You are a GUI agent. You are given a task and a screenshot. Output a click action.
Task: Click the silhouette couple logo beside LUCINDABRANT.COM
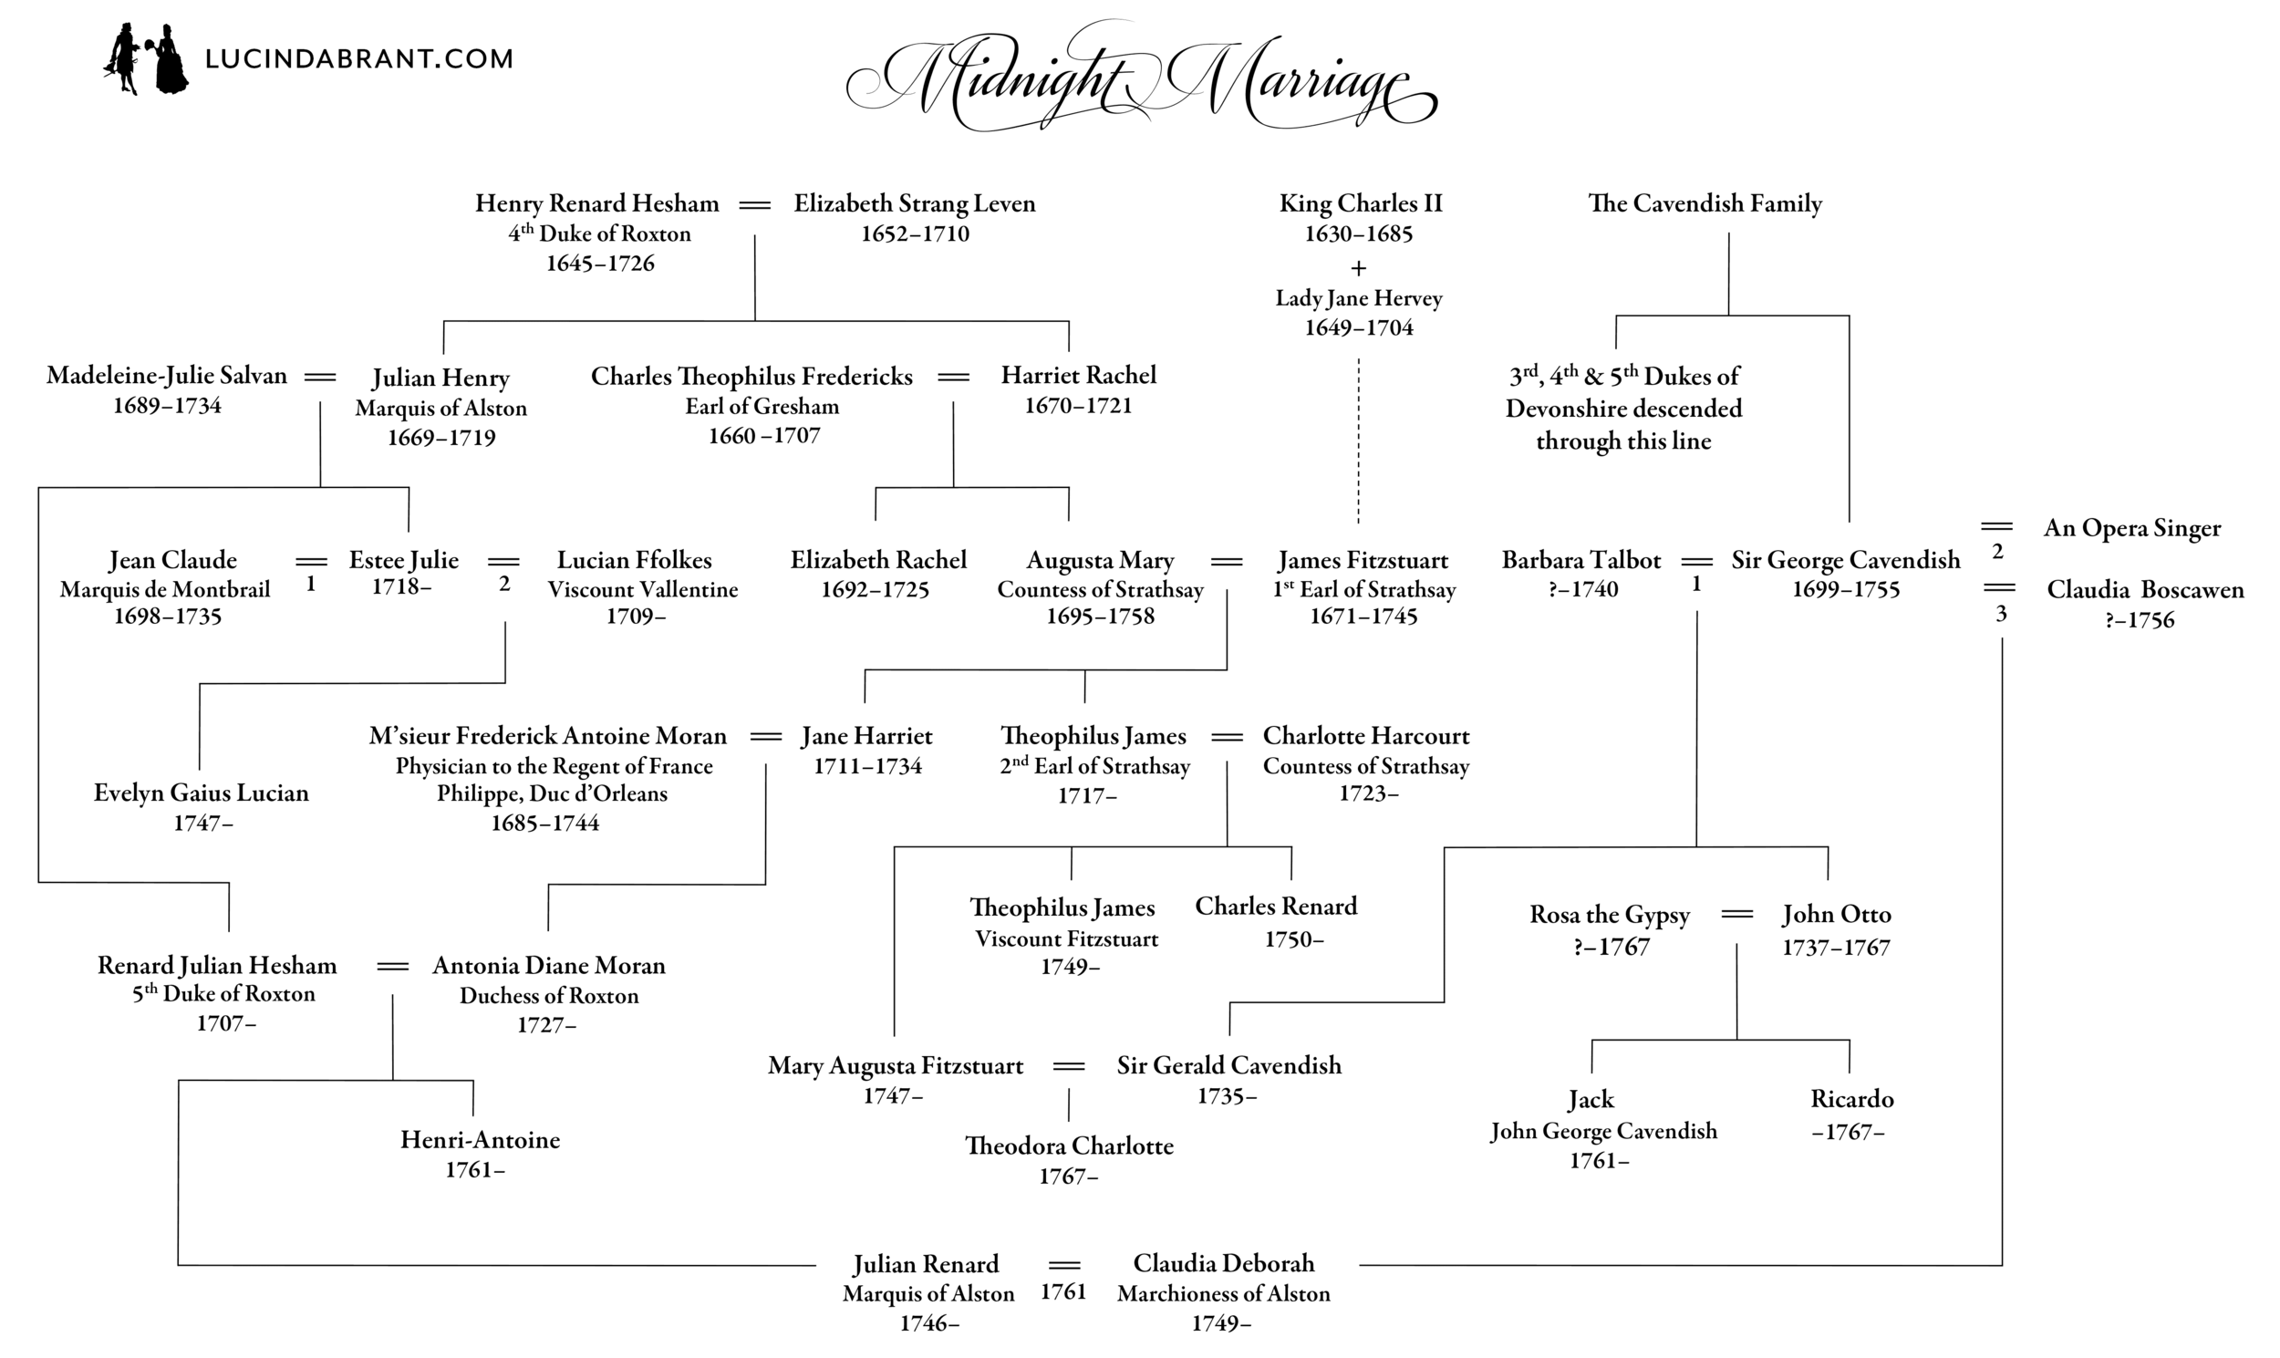coord(146,59)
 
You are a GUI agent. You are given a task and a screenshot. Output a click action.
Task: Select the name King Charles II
coord(1360,203)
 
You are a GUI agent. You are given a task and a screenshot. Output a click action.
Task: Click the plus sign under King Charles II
coord(1359,268)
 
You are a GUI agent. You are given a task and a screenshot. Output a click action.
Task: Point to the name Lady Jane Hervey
coord(1359,298)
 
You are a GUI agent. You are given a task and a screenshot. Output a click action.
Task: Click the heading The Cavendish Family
coord(1705,203)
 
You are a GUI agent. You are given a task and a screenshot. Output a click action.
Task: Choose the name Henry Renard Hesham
coord(596,203)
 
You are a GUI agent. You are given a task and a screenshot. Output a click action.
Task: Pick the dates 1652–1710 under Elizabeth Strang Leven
coord(914,234)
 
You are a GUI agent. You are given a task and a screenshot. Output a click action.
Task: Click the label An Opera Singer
coord(2131,528)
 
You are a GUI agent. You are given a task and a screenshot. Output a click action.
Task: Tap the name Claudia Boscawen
coord(2145,589)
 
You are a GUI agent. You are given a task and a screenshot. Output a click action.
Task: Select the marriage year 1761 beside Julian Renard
coord(1063,1291)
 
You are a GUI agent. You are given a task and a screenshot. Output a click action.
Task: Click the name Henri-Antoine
coord(480,1139)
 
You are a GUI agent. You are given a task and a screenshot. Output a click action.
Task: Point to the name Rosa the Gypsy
coord(1610,914)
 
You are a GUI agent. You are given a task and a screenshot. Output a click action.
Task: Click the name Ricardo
coord(1850,1099)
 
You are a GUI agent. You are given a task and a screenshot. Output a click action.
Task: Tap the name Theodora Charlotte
coord(1069,1145)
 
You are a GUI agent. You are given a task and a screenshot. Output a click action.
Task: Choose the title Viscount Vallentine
coord(642,589)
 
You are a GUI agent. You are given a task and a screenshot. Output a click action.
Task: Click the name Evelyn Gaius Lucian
coord(202,793)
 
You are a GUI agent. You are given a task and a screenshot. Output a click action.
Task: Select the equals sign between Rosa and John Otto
coord(1736,914)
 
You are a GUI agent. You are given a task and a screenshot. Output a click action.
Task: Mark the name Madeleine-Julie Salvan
coord(167,375)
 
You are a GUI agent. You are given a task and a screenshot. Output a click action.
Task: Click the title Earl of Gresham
coord(762,406)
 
